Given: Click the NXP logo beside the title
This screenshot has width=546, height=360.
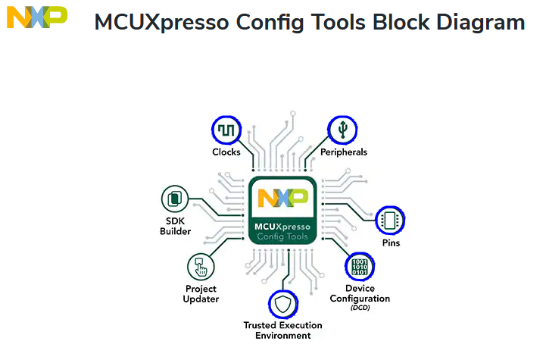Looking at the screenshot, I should tap(36, 17).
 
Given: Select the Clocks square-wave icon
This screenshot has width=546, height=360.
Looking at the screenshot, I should tap(226, 130).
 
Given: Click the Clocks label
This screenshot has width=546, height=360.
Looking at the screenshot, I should tap(226, 152).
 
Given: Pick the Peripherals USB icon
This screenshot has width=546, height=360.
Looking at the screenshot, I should tap(342, 130).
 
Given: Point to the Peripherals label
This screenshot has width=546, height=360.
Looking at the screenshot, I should tap(343, 152).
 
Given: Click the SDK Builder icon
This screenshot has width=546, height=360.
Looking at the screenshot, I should tap(175, 199).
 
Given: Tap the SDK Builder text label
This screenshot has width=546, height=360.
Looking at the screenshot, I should tap(175, 226).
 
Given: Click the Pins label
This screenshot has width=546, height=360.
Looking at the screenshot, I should tap(391, 243).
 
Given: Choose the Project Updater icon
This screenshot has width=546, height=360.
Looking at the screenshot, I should tap(201, 267).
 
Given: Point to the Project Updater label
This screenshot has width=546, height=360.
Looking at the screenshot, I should tap(201, 293).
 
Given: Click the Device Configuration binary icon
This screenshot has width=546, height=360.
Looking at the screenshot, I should tap(360, 267).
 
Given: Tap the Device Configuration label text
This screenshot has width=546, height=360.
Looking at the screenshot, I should tap(360, 293).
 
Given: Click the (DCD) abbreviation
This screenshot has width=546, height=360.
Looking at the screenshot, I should tap(360, 308).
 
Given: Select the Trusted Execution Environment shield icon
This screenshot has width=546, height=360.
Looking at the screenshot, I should tap(282, 305).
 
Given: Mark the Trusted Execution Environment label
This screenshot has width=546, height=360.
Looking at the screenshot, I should tap(282, 330).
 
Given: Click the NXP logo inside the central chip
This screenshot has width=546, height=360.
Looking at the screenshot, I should tap(282, 198).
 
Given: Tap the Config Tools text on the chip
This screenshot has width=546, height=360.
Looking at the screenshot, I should tap(282, 236).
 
